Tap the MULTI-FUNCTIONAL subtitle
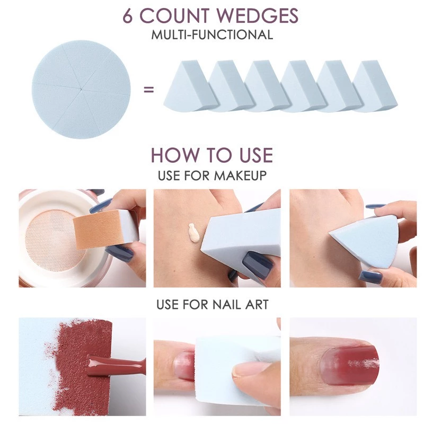pos(212,36)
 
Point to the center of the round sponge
pos(81,90)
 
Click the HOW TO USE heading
pos(212,155)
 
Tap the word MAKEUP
pos(240,175)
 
